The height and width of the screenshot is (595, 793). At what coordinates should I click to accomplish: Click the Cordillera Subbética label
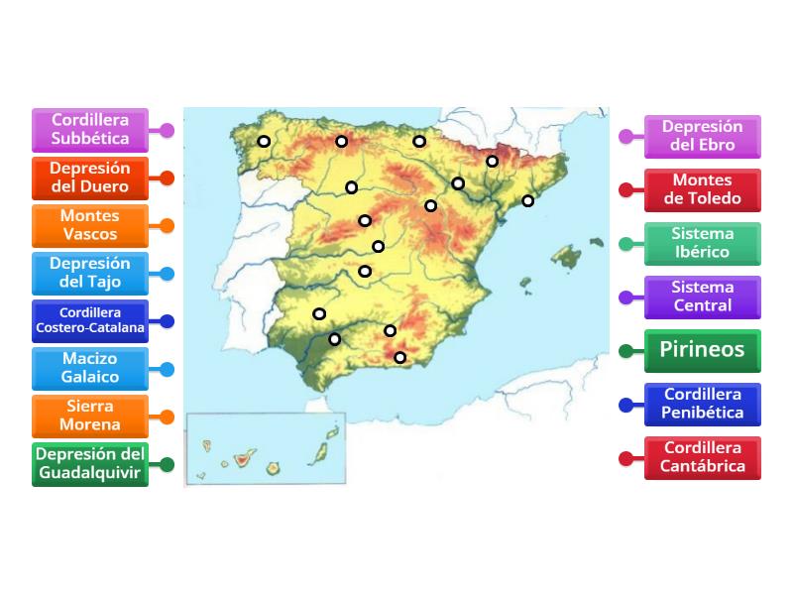point(89,130)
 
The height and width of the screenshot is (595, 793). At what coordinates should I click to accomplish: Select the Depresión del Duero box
point(89,178)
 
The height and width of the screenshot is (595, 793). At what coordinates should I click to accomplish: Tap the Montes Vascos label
point(89,225)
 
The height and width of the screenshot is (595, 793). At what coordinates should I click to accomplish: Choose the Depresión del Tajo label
point(89,273)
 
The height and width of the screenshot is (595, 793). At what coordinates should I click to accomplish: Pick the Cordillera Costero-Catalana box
point(89,320)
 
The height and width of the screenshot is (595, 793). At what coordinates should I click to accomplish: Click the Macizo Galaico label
point(89,368)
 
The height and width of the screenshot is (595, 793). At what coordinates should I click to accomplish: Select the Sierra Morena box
point(89,416)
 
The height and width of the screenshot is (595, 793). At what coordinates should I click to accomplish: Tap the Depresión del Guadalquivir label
point(89,463)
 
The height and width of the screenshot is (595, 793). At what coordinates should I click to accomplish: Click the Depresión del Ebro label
point(703,136)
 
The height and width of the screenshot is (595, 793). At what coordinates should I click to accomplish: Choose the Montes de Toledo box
point(703,189)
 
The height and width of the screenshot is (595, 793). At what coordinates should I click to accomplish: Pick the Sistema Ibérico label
point(703,243)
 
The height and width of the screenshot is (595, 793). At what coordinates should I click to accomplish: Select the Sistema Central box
point(703,297)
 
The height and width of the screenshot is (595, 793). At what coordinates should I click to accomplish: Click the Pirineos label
point(703,350)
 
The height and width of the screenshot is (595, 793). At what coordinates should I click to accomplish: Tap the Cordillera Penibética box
point(703,404)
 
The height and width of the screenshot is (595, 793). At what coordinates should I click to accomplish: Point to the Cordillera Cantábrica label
point(703,457)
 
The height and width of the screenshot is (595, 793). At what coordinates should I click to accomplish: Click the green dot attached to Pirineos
point(625,351)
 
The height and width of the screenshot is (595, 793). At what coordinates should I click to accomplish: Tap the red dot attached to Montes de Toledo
point(625,190)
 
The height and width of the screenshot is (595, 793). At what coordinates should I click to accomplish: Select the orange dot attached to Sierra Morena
point(168,416)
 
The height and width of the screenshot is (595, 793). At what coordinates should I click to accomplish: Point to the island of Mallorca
point(566,259)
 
